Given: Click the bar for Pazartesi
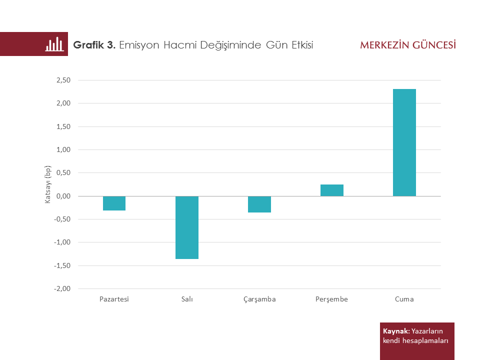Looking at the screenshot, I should coord(114,203).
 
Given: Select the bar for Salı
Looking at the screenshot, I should coord(187,227).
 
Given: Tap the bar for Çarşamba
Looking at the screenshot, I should coord(259,204).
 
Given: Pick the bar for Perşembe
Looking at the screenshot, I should coord(332,190).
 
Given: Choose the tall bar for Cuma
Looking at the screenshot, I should coord(404,142).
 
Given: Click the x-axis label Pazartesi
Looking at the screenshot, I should coord(114,299).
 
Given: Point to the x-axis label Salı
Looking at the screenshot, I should coord(187,299).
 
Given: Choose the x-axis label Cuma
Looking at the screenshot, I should coord(404,299).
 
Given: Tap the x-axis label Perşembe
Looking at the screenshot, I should coord(331,299).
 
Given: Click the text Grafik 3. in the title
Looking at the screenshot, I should coord(94,45).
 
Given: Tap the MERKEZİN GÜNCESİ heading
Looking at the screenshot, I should coord(408,45).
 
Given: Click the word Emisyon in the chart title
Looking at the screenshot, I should coord(140,45).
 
